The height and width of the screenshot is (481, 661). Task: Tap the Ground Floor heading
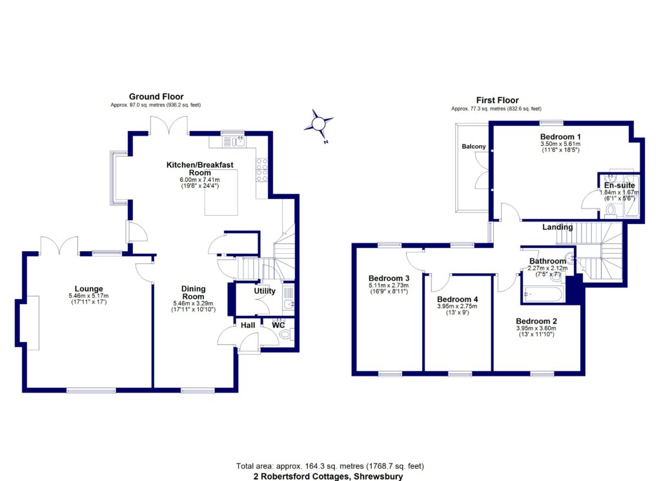156,96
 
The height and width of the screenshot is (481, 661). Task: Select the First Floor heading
497,100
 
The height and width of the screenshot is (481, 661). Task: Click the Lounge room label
89,289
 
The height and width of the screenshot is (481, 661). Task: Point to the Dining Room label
194,292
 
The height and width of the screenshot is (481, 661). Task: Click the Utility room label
265,291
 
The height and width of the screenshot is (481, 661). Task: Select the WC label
278,325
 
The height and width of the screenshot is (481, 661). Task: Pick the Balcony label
473,147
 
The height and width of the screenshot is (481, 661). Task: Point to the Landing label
556,227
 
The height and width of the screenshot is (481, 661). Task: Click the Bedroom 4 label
458,300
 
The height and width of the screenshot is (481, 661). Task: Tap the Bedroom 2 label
536,320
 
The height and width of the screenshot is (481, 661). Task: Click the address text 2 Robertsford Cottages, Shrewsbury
330,476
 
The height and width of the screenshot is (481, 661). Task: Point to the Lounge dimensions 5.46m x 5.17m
89,296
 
